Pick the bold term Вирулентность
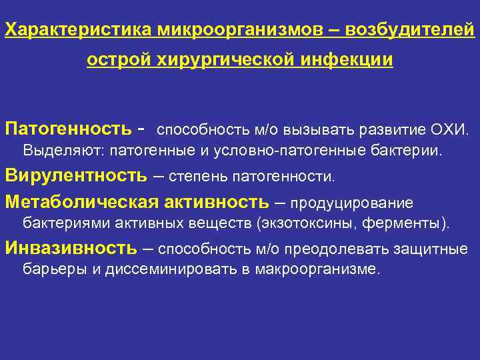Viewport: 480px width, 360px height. [76, 175]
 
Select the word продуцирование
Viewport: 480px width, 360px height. [352, 202]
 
